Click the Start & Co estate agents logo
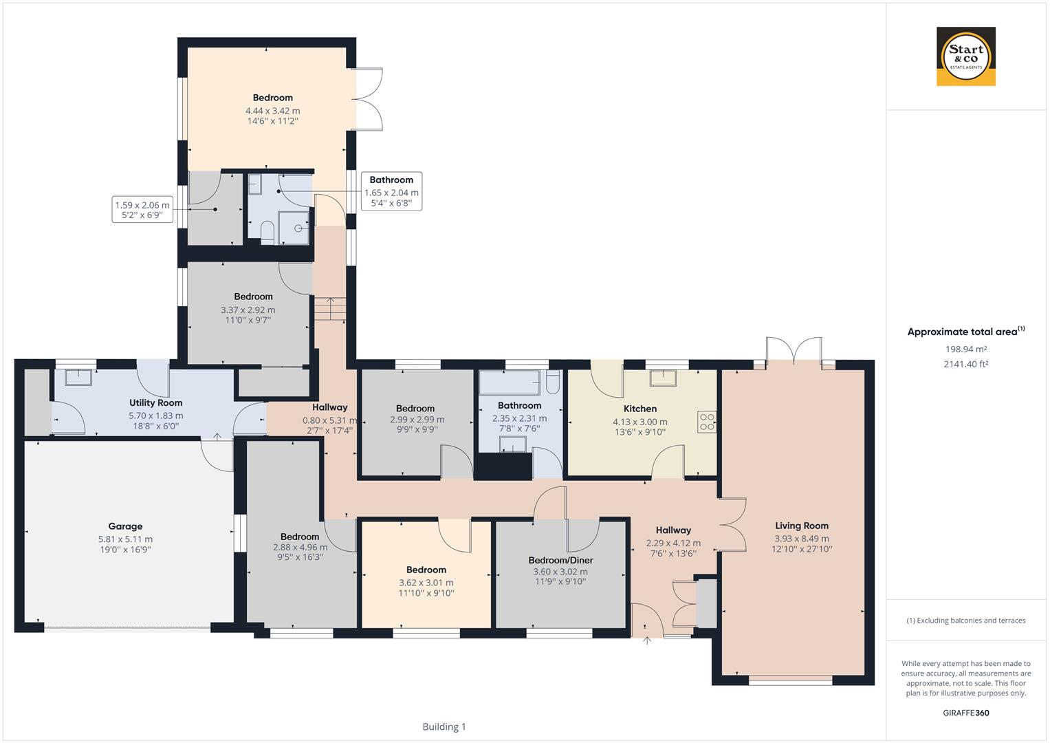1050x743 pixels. click(965, 56)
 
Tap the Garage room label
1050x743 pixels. click(125, 526)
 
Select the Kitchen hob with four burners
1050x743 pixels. click(706, 422)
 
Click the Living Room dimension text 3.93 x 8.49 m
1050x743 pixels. click(801, 539)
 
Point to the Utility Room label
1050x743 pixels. click(155, 403)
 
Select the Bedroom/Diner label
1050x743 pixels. click(560, 560)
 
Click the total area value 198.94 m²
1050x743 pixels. click(965, 349)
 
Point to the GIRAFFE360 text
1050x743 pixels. click(965, 713)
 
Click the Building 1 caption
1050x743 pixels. click(444, 726)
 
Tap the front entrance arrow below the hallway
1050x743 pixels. click(646, 641)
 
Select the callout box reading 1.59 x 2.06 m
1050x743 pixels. click(142, 210)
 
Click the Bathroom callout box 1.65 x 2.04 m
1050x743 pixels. click(391, 191)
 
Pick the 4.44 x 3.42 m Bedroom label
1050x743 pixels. click(272, 98)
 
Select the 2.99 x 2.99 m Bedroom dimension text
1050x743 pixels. click(417, 420)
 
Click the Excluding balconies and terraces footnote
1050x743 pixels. click(965, 621)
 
